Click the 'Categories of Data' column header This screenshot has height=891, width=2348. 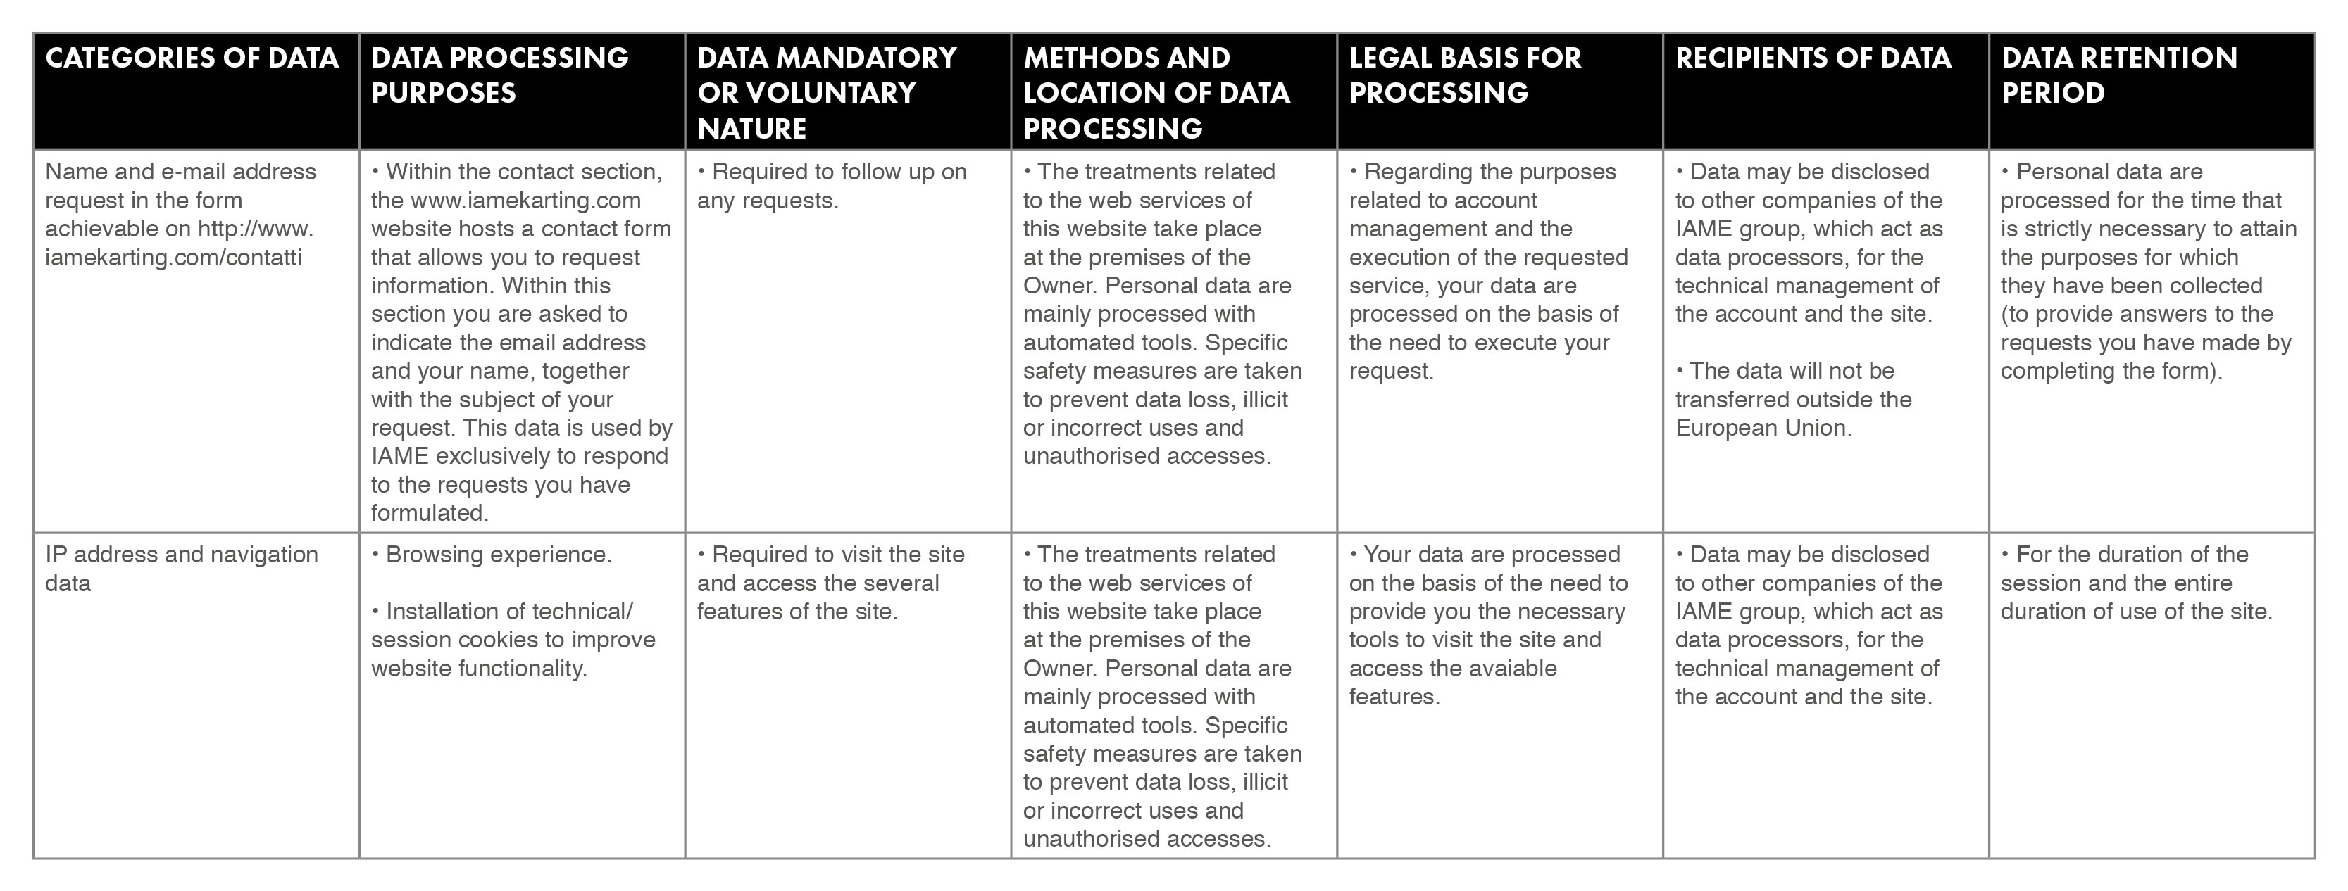(x=192, y=58)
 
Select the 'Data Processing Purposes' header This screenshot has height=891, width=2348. (x=499, y=75)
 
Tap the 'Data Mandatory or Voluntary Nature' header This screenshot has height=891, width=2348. (x=826, y=92)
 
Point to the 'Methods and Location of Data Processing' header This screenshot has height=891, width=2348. (x=1156, y=92)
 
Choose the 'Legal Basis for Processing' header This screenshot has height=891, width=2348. (x=1465, y=75)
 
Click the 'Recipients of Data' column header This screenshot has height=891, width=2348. (x=1813, y=58)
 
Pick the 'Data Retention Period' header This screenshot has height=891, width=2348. (x=2118, y=75)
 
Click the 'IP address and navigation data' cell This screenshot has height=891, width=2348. (x=182, y=569)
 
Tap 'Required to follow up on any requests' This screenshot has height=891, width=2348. (x=831, y=186)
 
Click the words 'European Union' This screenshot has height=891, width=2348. (x=1763, y=428)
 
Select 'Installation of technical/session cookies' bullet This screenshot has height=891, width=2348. (x=512, y=640)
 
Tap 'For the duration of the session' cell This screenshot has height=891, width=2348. (x=2135, y=583)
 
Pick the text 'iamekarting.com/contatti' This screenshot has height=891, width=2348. (x=173, y=258)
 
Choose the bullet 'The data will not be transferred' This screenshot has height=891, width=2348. (x=1792, y=399)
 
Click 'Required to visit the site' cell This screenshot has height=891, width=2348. (x=830, y=583)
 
